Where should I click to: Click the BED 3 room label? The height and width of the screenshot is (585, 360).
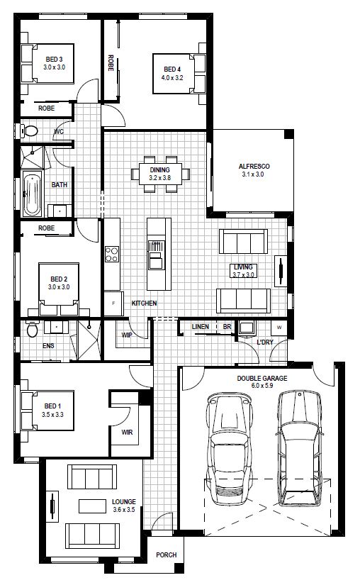54,60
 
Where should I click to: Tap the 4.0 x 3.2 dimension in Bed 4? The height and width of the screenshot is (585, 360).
172,78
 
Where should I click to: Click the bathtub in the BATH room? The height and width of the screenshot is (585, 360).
32,194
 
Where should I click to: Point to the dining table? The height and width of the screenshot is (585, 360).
161,174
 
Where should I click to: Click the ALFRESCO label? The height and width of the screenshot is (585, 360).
254,167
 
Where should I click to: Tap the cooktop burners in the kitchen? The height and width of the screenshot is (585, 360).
112,254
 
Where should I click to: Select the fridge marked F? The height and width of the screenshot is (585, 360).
113,303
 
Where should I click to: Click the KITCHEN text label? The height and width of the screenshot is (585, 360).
145,303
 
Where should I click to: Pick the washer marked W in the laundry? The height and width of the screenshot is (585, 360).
279,328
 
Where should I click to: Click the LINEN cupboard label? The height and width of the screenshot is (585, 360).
201,327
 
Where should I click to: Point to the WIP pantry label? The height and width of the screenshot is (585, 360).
127,335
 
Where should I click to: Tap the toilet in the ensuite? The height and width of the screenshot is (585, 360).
33,329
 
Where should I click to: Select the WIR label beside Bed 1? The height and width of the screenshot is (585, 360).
127,433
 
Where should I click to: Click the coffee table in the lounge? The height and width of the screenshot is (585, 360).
92,506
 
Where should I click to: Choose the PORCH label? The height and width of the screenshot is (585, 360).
167,555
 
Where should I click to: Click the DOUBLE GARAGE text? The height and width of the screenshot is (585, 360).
262,379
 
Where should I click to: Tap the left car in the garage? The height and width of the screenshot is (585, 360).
229,448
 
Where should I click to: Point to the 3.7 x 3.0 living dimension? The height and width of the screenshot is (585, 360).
243,275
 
